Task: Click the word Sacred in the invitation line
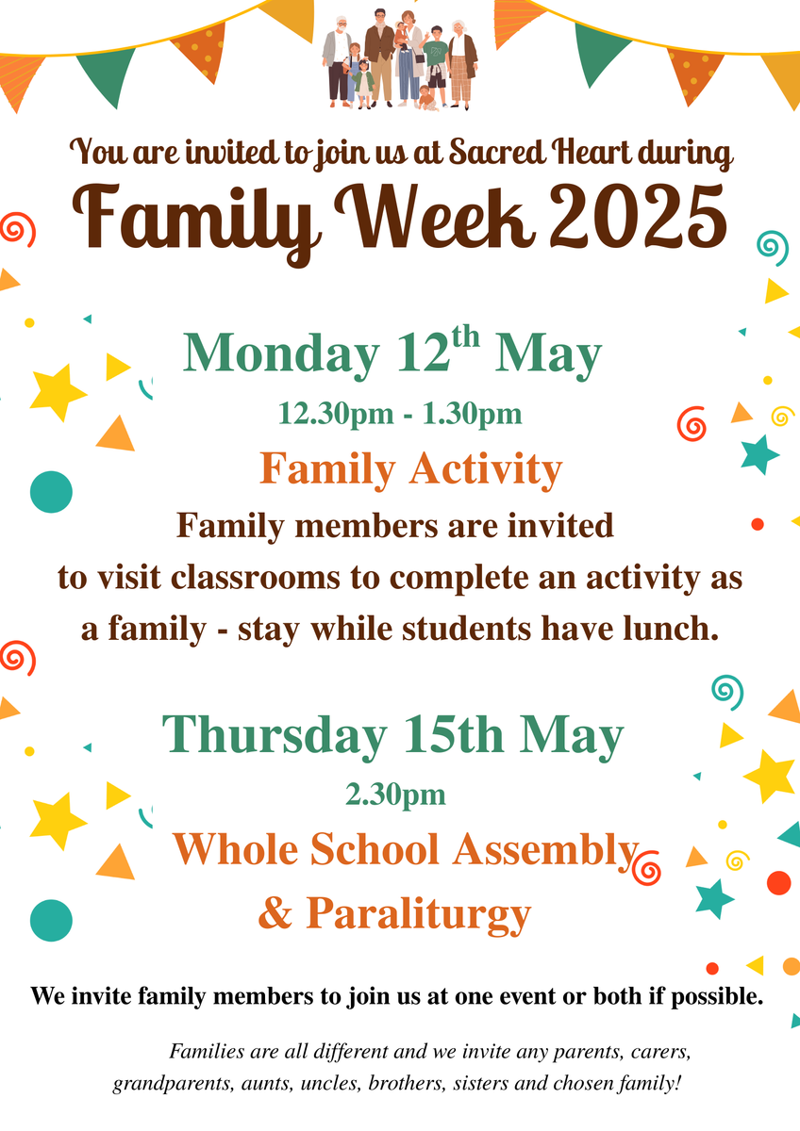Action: (x=498, y=152)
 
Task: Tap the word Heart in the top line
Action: (x=592, y=152)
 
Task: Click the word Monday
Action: (x=281, y=352)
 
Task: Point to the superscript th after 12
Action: (x=465, y=336)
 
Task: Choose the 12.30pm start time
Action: (x=336, y=414)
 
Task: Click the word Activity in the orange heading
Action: (x=486, y=469)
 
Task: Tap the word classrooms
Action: (x=256, y=577)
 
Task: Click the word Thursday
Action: (x=275, y=734)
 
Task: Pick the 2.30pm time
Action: (x=395, y=795)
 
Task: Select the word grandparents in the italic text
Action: (x=172, y=1083)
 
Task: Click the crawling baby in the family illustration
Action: (x=428, y=97)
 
